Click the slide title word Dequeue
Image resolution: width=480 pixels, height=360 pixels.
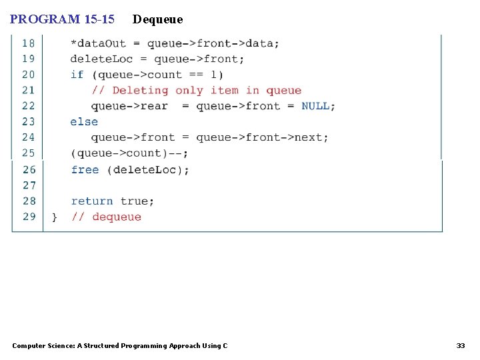(157, 19)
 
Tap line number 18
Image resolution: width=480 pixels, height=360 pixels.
(29, 43)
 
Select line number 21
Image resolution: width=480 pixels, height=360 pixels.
(29, 90)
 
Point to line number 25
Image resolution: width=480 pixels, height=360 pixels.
(29, 153)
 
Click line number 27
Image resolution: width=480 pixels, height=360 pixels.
(29, 185)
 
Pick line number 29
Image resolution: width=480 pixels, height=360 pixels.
(29, 217)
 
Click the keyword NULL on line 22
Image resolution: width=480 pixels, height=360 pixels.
(315, 106)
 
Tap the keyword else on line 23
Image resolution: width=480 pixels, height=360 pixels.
(84, 122)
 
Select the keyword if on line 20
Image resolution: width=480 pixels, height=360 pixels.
(77, 75)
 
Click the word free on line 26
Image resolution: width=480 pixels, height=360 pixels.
(85, 170)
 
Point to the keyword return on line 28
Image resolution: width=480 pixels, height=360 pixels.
(92, 201)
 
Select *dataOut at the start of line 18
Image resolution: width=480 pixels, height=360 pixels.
(98, 43)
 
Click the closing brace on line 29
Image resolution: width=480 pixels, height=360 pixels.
(55, 217)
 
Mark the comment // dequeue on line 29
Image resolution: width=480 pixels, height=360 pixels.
(107, 217)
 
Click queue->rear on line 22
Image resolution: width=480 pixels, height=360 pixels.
(129, 106)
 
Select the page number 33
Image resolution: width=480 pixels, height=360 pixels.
(461, 345)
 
